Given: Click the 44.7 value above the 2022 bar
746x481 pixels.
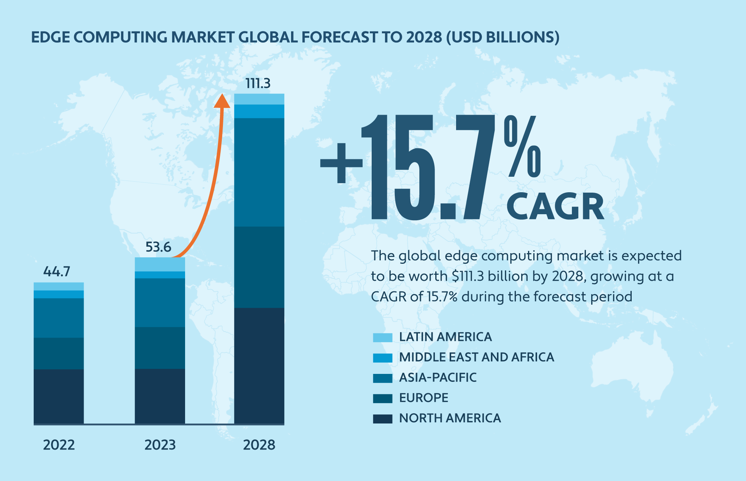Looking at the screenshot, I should pyautogui.click(x=57, y=271).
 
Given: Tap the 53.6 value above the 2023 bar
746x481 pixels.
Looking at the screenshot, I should pyautogui.click(x=158, y=247).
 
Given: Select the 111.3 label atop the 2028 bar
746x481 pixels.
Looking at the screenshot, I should pyautogui.click(x=258, y=83).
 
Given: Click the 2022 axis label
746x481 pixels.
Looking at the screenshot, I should pyautogui.click(x=59, y=445).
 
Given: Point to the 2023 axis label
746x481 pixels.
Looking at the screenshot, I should pyautogui.click(x=160, y=445).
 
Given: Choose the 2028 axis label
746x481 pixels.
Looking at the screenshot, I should pyautogui.click(x=259, y=445).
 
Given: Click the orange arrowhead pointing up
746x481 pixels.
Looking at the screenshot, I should pyautogui.click(x=222, y=101).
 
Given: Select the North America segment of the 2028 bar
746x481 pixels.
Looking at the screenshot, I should pyautogui.click(x=259, y=365).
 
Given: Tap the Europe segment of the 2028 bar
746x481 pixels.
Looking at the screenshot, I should pyautogui.click(x=259, y=267).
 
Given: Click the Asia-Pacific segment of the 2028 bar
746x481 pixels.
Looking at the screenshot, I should pyautogui.click(x=259, y=172).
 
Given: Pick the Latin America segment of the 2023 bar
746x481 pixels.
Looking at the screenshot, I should pyautogui.click(x=160, y=264).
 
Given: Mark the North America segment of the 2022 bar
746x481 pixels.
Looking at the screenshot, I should pyautogui.click(x=59, y=396).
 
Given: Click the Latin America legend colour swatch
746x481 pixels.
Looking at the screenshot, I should pyautogui.click(x=382, y=337).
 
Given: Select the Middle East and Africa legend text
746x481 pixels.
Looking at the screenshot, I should pyautogui.click(x=477, y=357).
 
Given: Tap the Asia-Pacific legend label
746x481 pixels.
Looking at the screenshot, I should pyautogui.click(x=438, y=378).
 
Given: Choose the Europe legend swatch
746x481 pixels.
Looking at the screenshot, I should pyautogui.click(x=382, y=398).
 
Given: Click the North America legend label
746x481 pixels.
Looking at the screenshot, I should pyautogui.click(x=450, y=418).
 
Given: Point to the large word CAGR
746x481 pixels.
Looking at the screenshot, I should pyautogui.click(x=555, y=206).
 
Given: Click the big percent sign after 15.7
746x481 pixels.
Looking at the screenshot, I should pyautogui.click(x=522, y=146).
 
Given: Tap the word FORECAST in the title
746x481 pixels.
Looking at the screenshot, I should pyautogui.click(x=340, y=37).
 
